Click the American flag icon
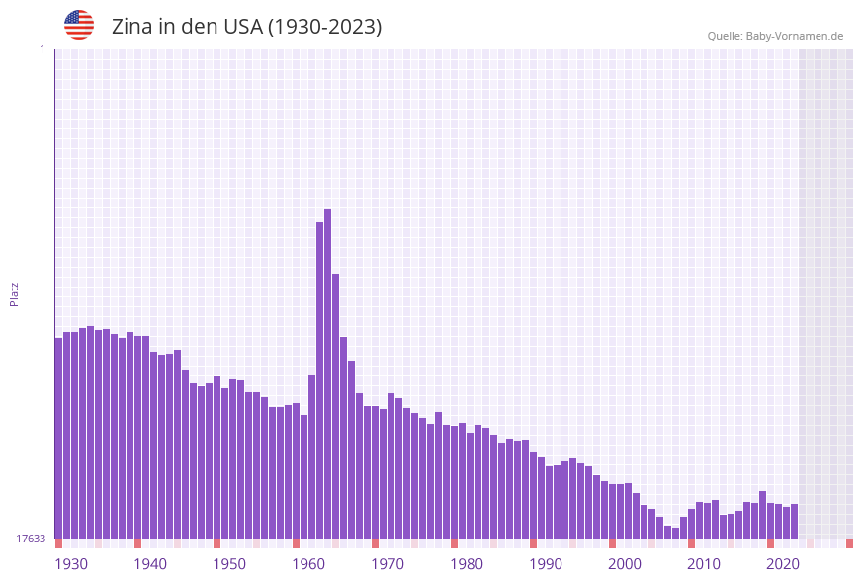(79, 25)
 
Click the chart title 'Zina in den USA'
(246, 27)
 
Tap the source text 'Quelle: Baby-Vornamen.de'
(775, 36)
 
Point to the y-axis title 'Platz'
(15, 293)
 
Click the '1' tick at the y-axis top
(42, 49)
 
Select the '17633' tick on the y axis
(31, 539)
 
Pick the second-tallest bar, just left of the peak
(319, 380)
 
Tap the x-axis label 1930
(71, 563)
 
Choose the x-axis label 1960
(308, 563)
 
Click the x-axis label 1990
(546, 563)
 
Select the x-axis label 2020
(783, 563)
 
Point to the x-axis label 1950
(229, 563)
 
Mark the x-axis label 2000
(625, 563)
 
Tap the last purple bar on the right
(794, 521)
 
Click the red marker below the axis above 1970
(375, 543)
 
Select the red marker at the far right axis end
(849, 543)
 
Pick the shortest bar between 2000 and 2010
(675, 533)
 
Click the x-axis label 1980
(467, 563)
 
